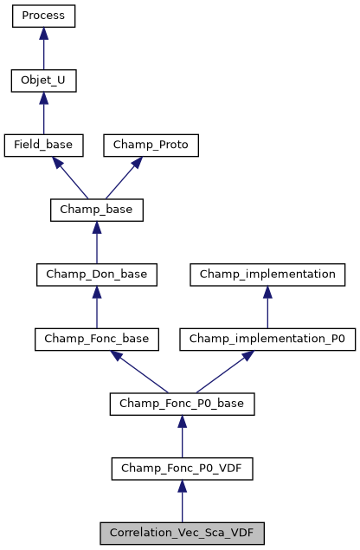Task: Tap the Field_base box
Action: coord(43,146)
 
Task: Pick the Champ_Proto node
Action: coord(151,146)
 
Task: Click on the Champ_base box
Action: coord(96,210)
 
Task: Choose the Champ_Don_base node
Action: coord(96,275)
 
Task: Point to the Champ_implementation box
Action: coord(267,275)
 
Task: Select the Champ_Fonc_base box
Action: coord(96,340)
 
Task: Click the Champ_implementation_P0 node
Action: coord(267,340)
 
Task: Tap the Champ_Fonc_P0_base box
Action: coord(182,404)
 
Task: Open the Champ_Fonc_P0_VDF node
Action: coord(182,469)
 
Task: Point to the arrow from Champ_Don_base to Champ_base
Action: coord(96,243)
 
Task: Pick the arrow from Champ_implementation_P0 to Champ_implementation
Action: coord(267,307)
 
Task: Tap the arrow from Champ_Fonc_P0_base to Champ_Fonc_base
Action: coord(138,372)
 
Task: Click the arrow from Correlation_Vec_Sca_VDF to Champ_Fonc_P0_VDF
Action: coord(182,501)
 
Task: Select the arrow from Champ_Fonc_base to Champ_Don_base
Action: coord(96,307)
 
